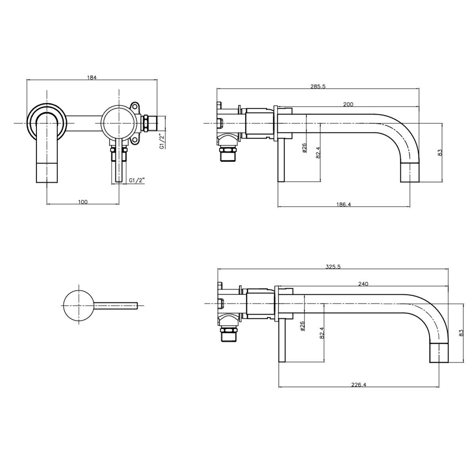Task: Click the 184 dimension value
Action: [92, 77]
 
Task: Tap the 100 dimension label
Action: [83, 202]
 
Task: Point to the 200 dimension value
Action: [348, 104]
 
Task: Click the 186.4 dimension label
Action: [344, 204]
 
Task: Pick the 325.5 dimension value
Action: [333, 267]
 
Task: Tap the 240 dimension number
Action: [363, 284]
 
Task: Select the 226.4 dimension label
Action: [359, 385]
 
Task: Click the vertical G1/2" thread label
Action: [162, 141]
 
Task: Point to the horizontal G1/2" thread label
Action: [137, 180]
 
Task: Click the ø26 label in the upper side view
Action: [304, 148]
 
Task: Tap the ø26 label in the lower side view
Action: [303, 326]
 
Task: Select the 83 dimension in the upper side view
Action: [440, 152]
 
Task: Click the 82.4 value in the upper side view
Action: [318, 152]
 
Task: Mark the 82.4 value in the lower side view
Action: [321, 332]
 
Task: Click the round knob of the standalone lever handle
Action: [79, 305]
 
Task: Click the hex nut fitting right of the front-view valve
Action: [146, 123]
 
